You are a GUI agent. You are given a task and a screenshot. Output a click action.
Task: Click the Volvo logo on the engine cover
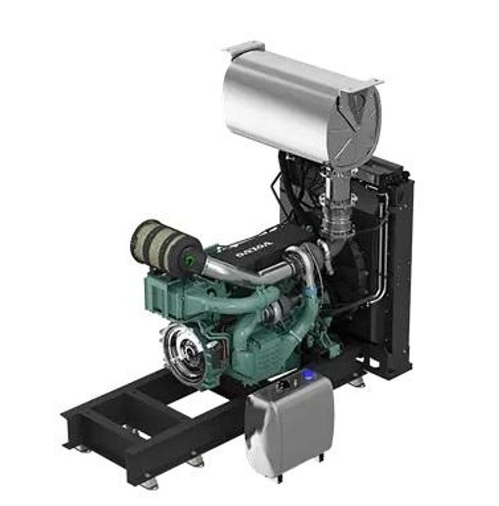click(255, 248)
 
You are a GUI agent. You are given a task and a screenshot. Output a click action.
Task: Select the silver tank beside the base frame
click(289, 424)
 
